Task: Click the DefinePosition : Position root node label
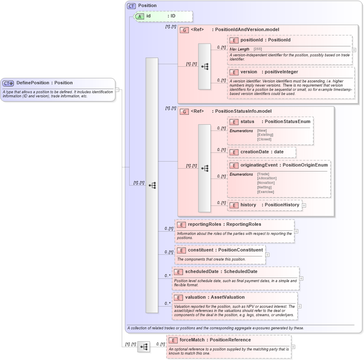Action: tap(44, 83)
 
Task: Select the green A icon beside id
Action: tap(140, 16)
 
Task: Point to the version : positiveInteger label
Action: tap(269, 72)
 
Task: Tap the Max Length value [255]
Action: tap(258, 49)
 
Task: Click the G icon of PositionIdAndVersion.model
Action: tap(184, 30)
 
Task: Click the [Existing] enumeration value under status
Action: tap(265, 135)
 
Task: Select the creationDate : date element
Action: tap(262, 152)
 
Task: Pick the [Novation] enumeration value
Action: tap(266, 183)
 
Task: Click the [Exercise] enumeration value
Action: tap(265, 192)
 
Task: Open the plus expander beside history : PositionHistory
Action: tap(304, 205)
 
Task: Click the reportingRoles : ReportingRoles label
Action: tap(224, 225)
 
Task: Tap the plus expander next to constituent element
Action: tap(267, 254)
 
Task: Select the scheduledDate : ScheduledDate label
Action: tap(221, 272)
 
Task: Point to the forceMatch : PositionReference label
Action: tap(215, 340)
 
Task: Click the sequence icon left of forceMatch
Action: tap(144, 347)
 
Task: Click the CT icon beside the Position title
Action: tap(131, 6)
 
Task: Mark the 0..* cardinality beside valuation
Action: tap(167, 304)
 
